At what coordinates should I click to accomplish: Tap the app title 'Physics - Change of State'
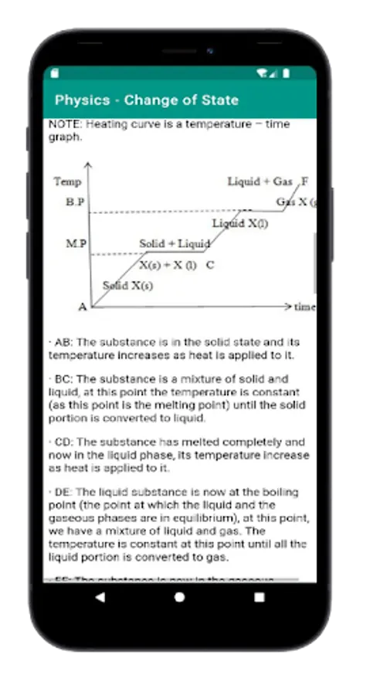click(x=147, y=100)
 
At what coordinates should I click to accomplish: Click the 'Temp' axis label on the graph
click(x=67, y=181)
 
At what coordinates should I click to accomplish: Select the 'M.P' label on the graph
click(x=76, y=244)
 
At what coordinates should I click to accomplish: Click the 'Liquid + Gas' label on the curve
click(x=260, y=181)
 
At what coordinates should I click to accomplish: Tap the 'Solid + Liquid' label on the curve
click(x=175, y=244)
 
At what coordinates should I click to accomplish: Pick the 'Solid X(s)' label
click(x=127, y=286)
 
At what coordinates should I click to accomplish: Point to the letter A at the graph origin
click(x=83, y=307)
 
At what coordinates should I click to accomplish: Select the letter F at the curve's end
click(x=305, y=181)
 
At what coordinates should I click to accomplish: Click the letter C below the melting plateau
click(x=210, y=265)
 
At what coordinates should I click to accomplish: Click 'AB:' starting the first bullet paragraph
click(x=64, y=342)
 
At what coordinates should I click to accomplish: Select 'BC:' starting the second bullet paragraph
click(x=64, y=379)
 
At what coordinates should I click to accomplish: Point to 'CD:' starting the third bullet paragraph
click(x=64, y=442)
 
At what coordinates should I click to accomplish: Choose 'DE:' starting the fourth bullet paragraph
click(x=64, y=492)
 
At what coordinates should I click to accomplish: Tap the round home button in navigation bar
click(x=180, y=597)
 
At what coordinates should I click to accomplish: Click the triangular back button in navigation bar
click(x=100, y=597)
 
